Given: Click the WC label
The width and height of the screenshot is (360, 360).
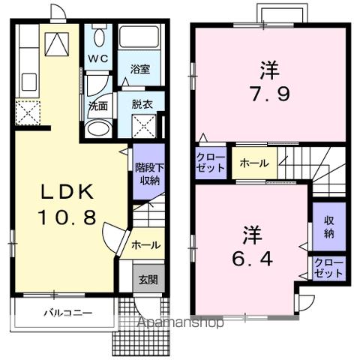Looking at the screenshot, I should point(97,58).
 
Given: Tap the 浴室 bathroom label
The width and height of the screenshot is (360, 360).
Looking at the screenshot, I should point(140,68).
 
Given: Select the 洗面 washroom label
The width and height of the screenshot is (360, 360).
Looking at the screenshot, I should point(98,106).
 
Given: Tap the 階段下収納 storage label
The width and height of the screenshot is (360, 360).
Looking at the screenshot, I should point(147,174).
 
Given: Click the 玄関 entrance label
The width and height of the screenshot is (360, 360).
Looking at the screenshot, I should point(147,280).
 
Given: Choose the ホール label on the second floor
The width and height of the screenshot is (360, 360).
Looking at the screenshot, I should point(253,163).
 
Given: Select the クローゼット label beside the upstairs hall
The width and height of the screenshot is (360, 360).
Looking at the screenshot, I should point(211,163).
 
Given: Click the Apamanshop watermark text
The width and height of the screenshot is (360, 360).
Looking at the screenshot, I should point(180,323).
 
